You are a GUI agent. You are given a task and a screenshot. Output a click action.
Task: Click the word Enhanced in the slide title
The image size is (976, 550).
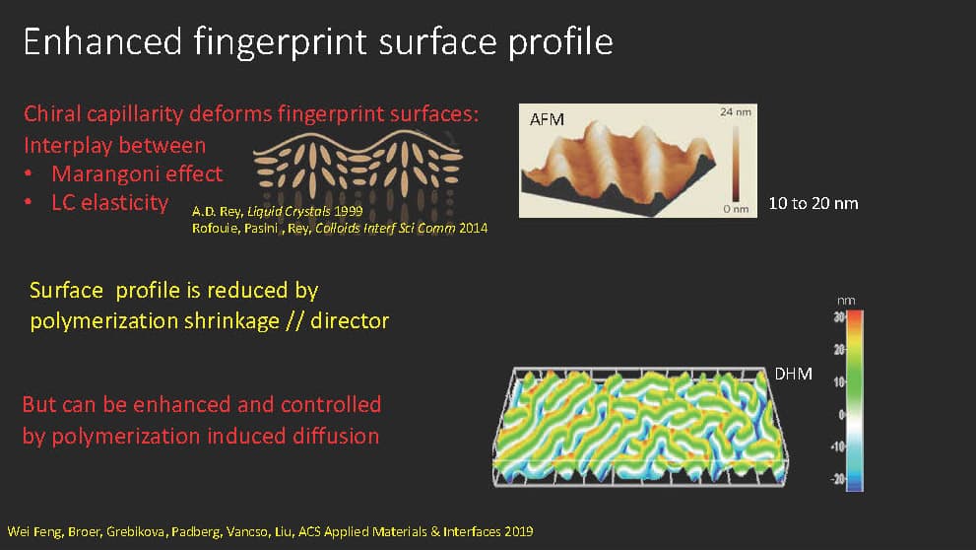pos(102,41)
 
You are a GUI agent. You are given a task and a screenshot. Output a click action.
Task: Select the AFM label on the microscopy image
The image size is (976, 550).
pos(547,119)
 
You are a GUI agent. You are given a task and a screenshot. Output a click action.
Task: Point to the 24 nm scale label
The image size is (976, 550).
pos(736,112)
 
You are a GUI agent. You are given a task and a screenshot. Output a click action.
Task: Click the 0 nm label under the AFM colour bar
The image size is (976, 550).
pos(736,209)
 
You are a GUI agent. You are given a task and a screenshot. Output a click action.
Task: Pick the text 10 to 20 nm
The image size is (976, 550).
pos(813,204)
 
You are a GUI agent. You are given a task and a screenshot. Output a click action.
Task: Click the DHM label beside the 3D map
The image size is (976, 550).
pos(793,374)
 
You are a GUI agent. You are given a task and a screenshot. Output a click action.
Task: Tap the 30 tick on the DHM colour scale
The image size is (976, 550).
pos(840,317)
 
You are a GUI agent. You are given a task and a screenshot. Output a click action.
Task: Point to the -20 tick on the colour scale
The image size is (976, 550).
pos(838,479)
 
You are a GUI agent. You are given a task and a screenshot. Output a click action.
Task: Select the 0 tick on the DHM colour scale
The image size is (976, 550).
pos(842,414)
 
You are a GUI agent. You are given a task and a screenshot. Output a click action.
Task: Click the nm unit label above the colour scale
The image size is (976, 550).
pos(846,301)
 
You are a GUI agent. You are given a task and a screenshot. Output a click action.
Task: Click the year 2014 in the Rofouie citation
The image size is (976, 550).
pos(473,229)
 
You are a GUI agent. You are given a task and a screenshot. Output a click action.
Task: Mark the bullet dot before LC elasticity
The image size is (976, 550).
pos(28,202)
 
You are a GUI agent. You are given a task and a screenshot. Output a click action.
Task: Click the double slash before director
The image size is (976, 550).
pos(295,320)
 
